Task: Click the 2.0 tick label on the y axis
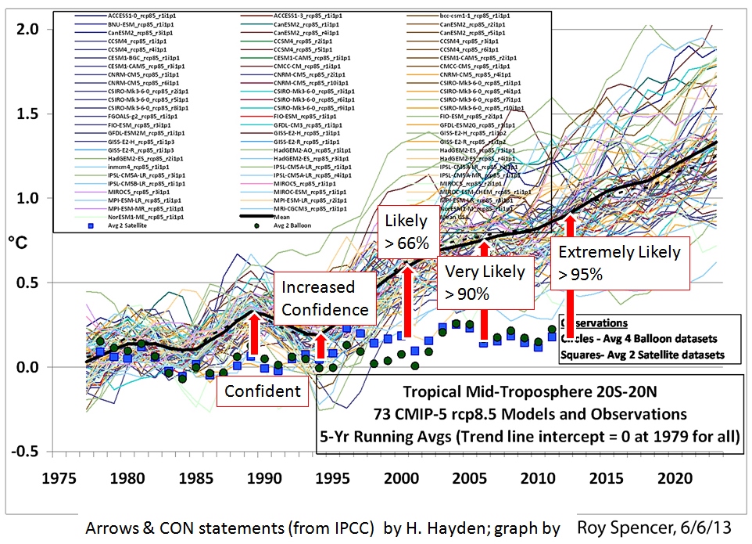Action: pos(30,30)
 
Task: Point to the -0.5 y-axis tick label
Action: pos(27,452)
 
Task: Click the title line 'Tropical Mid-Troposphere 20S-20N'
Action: pos(529,393)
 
